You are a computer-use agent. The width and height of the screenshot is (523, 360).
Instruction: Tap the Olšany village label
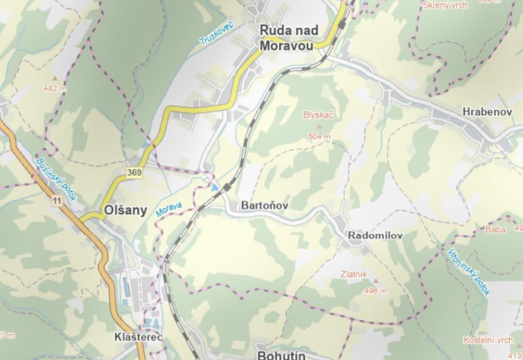(125, 210)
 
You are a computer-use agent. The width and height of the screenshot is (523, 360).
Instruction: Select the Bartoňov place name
(265, 205)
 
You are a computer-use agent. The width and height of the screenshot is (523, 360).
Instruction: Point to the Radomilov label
(375, 235)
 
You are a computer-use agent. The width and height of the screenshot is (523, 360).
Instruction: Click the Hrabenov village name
(487, 112)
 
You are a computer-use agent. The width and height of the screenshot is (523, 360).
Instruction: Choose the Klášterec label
(132, 337)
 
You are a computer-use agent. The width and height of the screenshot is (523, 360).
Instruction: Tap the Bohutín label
(281, 355)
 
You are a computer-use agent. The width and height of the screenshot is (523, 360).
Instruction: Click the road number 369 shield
(134, 172)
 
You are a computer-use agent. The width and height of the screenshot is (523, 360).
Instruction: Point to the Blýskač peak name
(318, 115)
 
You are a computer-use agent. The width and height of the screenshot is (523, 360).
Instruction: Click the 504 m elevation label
(319, 136)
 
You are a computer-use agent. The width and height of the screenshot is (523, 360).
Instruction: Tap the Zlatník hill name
(354, 274)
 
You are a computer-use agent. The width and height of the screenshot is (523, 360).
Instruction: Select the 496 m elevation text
(375, 291)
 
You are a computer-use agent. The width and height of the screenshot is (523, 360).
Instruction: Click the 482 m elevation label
(54, 89)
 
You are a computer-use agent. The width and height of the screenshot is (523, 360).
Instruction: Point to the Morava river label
(169, 210)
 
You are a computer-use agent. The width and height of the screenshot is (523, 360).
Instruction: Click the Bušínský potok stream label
(57, 179)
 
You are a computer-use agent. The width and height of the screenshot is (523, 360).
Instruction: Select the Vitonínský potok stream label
(469, 271)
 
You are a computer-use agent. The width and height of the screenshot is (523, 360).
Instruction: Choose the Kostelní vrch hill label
(488, 340)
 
